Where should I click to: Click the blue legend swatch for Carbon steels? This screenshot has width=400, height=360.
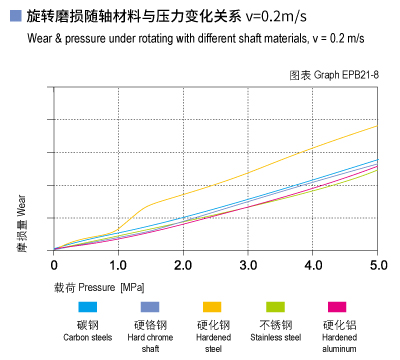[x=88, y=307]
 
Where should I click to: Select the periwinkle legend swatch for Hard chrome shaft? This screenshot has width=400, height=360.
[x=150, y=307]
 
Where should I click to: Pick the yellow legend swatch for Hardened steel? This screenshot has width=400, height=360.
[x=212, y=307]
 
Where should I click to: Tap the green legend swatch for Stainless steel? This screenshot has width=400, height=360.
[x=274, y=307]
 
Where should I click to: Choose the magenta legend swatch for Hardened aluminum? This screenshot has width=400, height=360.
[x=336, y=307]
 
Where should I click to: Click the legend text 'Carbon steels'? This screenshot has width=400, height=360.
[x=88, y=338]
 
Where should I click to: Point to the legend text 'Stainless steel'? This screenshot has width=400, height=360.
[x=274, y=338]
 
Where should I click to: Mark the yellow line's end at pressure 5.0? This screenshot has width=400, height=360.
[x=377, y=126]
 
